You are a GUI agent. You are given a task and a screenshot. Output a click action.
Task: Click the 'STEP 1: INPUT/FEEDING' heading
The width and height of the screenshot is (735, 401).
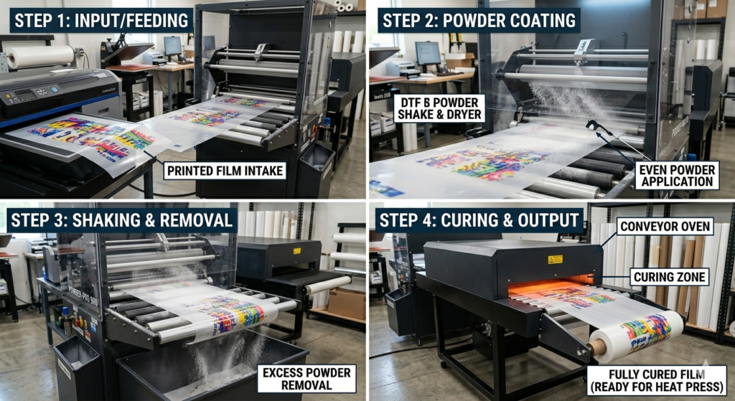click(x=101, y=20)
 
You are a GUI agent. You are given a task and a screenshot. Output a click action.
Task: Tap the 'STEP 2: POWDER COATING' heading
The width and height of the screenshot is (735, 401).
click(x=479, y=20)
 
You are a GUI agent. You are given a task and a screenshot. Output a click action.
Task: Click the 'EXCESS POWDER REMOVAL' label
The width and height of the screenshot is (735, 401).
click(x=306, y=379)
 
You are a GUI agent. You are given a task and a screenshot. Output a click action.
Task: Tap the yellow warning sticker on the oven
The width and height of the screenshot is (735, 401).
click(x=556, y=259)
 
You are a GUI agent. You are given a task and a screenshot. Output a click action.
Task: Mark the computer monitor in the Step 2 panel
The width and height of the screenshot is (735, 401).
click(x=428, y=52)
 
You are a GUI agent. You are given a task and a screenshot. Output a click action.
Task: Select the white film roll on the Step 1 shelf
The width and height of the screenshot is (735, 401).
click(x=39, y=57)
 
